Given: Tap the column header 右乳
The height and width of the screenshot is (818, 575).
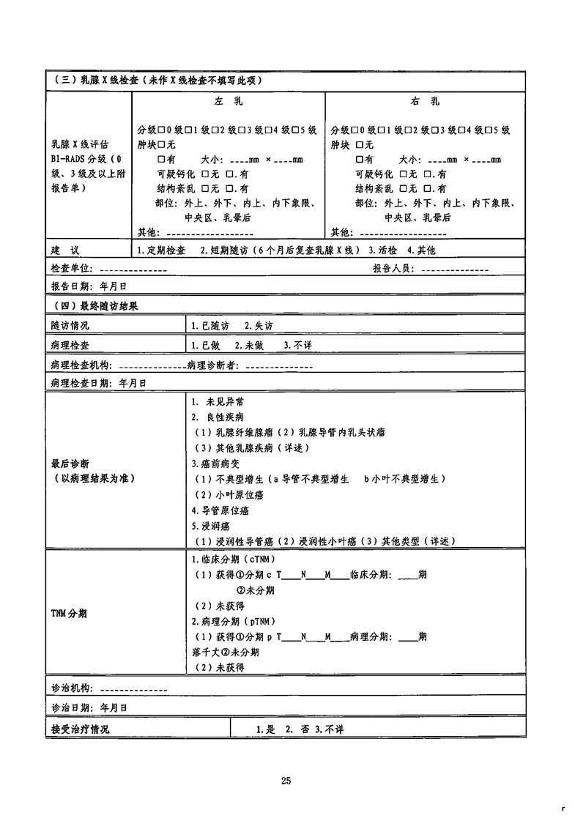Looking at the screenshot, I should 424,102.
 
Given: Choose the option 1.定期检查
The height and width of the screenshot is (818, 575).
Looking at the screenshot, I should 161,250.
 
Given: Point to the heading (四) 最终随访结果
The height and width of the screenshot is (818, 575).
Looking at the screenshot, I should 96,305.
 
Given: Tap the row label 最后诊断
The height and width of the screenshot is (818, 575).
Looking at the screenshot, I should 70,464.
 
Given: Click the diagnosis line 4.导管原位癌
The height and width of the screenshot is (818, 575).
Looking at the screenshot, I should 220,510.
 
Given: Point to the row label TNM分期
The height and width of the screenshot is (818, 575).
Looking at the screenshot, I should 69,612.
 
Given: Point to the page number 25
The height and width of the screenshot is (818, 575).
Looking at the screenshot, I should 286,781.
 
